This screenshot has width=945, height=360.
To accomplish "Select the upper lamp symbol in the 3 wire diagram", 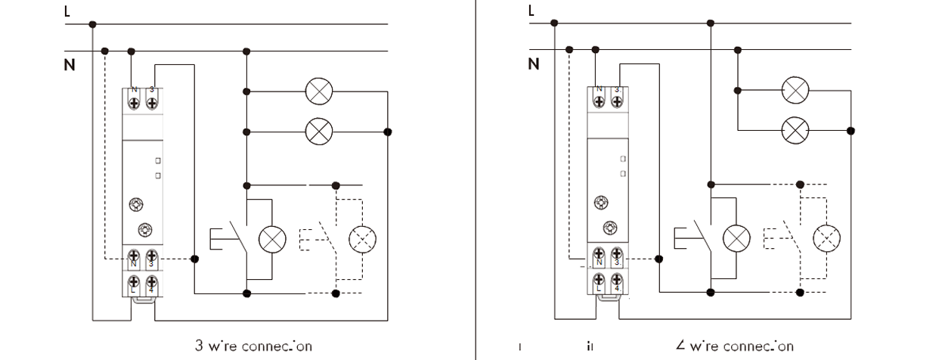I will point(318,92).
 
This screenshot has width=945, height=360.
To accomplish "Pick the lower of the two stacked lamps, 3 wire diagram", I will point(318,132).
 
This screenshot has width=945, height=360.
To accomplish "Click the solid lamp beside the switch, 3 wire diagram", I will point(271,239).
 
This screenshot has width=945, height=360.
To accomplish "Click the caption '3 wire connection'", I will point(253,346).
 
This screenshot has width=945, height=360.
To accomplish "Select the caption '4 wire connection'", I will point(735,346).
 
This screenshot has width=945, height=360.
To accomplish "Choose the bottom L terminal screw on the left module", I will point(134,279).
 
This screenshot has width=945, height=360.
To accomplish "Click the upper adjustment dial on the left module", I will point(136,203).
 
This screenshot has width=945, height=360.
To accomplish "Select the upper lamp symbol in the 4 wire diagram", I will point(794,89).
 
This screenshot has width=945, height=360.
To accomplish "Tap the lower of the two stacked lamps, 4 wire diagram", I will point(794,130).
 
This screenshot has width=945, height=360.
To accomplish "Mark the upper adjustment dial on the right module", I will point(601,202).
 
